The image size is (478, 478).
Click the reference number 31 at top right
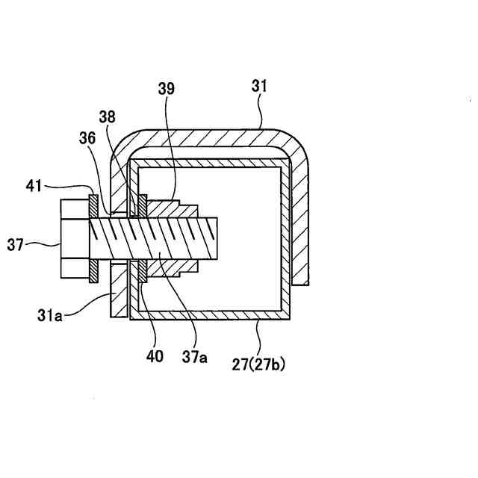click(x=258, y=87)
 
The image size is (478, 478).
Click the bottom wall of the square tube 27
click(x=209, y=314)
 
